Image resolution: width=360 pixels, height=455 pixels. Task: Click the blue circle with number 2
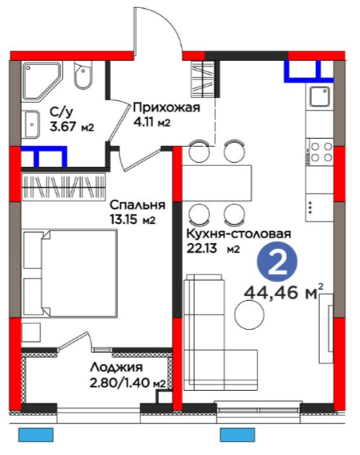[277, 262]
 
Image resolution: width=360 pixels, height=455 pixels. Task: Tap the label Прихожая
[167, 108]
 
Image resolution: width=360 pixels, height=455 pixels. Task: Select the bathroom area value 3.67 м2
[72, 127]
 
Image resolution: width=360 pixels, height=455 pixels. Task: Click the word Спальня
[137, 205]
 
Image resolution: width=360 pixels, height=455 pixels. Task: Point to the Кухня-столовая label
[239, 234]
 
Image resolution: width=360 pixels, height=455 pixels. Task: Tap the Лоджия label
[116, 368]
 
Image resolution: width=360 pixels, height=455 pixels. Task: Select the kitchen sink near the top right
[320, 96]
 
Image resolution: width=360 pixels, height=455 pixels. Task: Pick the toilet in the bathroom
[83, 75]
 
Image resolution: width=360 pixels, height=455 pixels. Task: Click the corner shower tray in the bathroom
[42, 81]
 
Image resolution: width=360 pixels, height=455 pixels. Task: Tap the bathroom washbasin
[31, 124]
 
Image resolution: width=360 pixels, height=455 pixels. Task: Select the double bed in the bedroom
[70, 273]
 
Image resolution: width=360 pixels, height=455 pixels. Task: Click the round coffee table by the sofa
[249, 315]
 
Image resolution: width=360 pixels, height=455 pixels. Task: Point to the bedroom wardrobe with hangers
[63, 187]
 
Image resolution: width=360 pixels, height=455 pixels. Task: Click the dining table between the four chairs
[216, 183]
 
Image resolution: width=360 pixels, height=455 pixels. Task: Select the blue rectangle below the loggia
[36, 435]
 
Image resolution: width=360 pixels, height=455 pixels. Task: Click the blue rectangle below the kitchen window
[237, 435]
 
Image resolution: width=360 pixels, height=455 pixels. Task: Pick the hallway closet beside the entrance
[203, 79]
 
